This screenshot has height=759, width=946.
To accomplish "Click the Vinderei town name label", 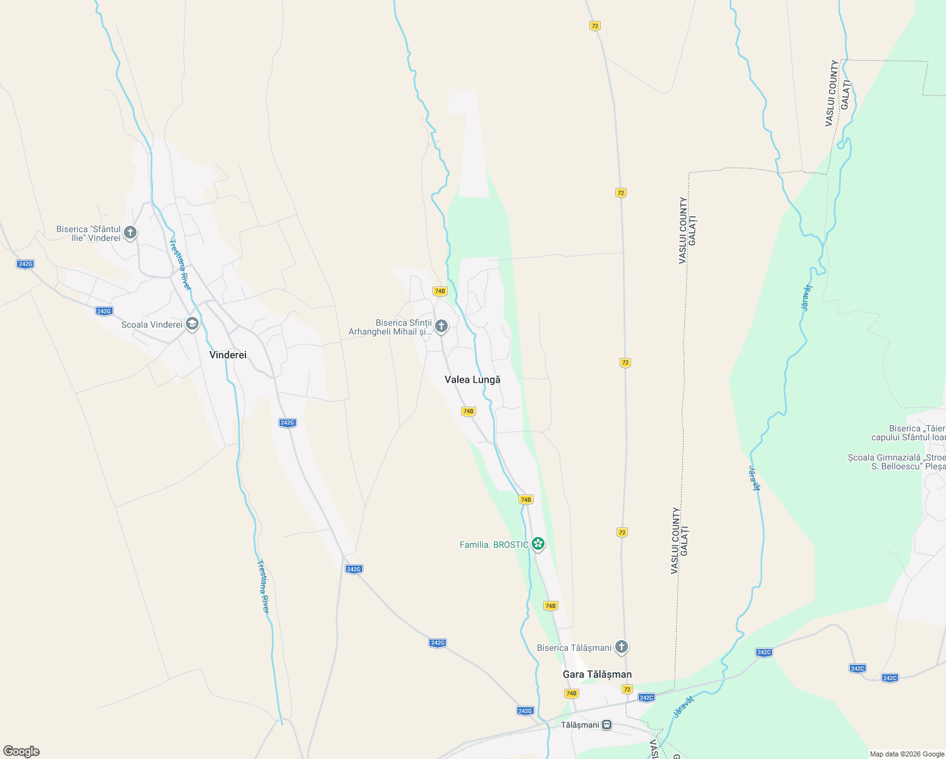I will (228, 355).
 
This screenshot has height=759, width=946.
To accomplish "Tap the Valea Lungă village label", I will (472, 379).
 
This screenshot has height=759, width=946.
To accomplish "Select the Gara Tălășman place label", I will (597, 674).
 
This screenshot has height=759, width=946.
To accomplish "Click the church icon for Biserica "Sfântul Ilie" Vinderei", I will (130, 233).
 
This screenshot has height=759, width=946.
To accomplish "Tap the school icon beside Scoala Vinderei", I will (192, 324).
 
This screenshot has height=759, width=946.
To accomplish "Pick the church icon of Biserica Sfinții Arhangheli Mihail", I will (441, 326).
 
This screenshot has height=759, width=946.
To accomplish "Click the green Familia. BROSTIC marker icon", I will (538, 544).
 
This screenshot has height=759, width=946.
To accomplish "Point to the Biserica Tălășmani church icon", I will (622, 647).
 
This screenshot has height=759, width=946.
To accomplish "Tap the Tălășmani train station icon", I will (607, 725).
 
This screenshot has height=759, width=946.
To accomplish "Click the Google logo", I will (21, 751).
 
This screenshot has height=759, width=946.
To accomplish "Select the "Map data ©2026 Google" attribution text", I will (907, 754).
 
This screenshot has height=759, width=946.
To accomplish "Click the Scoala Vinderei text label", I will (152, 324).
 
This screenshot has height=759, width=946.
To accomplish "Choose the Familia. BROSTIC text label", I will (494, 545).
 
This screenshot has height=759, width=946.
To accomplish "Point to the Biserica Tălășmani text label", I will (574, 648).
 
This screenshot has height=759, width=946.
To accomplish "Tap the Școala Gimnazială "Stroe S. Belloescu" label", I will (897, 462).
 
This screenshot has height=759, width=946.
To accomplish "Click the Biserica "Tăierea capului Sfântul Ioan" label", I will (908, 433).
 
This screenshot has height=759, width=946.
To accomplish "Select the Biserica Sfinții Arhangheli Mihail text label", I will (391, 327).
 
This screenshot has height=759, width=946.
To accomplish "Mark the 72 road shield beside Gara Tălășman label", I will (627, 689).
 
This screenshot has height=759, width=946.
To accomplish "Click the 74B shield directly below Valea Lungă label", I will (468, 411).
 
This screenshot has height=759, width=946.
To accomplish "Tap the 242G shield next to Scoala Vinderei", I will (104, 311).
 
